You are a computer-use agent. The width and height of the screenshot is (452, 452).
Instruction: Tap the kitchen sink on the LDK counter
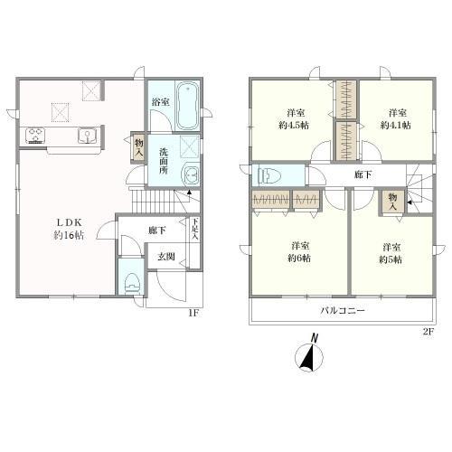pos(88,136)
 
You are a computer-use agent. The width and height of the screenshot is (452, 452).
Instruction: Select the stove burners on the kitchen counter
pos(35,136)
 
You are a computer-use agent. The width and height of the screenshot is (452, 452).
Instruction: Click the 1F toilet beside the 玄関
pos(133,283)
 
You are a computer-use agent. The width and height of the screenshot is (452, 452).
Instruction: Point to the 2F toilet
pos(270,175)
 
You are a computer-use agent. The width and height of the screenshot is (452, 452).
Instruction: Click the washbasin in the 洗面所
pos(191,175)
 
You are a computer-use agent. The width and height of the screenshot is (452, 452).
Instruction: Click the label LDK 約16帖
pos(69,229)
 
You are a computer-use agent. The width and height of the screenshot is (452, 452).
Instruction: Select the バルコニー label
pos(343,310)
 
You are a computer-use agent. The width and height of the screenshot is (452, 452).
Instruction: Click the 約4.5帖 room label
pos(294,125)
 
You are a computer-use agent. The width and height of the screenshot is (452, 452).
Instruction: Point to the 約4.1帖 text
pos(395,125)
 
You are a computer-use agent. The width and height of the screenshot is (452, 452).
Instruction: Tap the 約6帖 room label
pos(299,259)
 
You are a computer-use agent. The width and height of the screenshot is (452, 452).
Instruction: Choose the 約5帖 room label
pos(391,259)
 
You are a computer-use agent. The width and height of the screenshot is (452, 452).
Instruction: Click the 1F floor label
pos(193,313)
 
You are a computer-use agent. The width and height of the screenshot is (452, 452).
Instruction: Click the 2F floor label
pos(428,332)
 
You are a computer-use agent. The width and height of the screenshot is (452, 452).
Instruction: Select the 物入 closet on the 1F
pos(138,147)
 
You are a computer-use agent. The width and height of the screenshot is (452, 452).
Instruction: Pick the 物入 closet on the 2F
pos(392,202)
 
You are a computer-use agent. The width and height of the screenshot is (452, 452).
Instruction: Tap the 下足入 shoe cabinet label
pos(195,230)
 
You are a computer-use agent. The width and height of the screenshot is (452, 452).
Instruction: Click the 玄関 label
pos(166,257)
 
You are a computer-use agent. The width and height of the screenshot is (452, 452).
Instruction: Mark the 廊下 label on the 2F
pos(363,174)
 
